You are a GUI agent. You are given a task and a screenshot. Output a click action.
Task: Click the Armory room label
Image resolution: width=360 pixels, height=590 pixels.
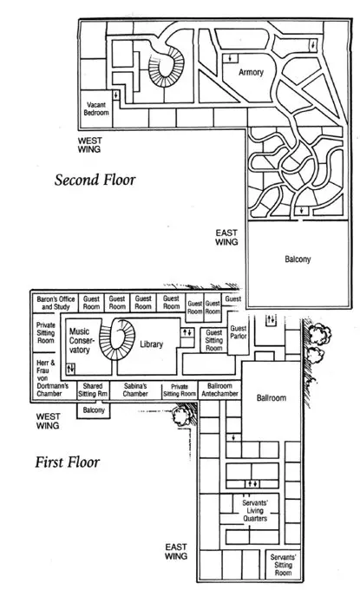(x=251, y=72)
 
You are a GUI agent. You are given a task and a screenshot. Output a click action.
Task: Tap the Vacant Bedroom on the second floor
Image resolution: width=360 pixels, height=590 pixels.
(x=96, y=108)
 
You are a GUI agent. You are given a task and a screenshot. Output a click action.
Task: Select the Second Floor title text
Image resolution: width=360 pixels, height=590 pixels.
(x=95, y=180)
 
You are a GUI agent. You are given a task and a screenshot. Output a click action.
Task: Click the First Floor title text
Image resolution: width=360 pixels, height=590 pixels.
(x=68, y=462)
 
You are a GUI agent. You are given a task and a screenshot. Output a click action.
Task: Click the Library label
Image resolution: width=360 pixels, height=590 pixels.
(x=151, y=344)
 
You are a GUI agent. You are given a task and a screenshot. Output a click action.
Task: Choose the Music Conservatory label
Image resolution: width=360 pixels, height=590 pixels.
(x=79, y=340)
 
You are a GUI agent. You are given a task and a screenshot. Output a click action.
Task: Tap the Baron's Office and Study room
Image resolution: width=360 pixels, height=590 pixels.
(x=56, y=303)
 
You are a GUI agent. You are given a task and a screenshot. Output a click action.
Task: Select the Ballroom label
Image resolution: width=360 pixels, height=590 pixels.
(x=272, y=397)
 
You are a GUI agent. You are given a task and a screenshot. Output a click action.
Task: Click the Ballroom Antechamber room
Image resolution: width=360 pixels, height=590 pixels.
(x=219, y=390)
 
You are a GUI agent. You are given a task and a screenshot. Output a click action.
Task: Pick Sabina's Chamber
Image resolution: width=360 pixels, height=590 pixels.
(x=135, y=390)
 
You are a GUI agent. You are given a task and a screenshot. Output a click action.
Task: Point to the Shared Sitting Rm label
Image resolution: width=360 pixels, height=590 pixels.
(x=93, y=390)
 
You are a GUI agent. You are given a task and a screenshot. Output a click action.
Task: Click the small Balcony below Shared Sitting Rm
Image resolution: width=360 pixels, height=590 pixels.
(x=94, y=410)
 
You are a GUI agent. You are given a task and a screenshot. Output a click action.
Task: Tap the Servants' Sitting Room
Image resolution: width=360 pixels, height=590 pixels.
(x=283, y=565)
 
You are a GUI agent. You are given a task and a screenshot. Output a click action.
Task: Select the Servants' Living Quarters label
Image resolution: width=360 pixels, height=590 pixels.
(x=255, y=510)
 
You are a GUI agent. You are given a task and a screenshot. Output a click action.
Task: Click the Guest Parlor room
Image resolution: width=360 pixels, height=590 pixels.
(x=238, y=332)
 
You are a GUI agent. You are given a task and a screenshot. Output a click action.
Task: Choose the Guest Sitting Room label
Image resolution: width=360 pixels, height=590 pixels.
(x=213, y=340)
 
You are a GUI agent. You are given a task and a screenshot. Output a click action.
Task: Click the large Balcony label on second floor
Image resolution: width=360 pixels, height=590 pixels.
(x=298, y=259)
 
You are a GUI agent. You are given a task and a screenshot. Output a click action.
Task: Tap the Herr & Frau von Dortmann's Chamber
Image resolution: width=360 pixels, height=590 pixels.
(x=53, y=377)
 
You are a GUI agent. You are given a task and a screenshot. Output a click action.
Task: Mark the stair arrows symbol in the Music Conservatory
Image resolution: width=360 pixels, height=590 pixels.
(x=70, y=369)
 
